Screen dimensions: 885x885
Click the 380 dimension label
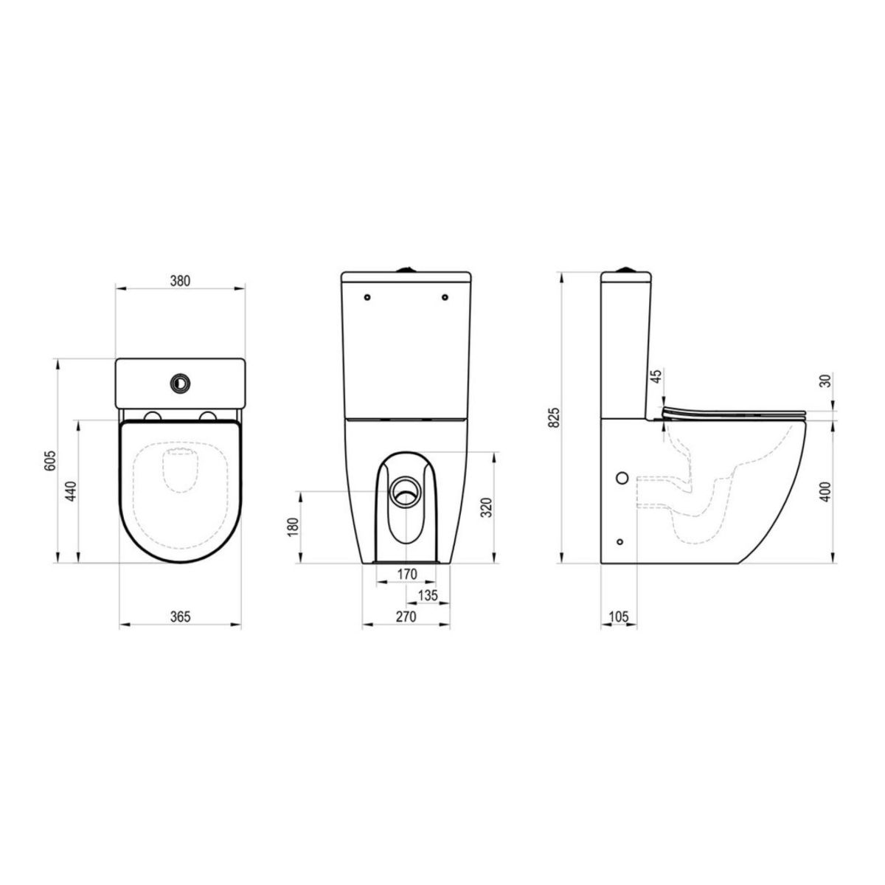tap(180, 280)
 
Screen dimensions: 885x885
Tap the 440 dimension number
tap(70, 490)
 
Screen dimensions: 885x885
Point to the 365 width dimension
tap(180, 617)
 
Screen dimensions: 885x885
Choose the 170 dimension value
tap(407, 574)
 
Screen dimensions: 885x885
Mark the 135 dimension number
tap(428, 595)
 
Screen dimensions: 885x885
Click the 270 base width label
tap(406, 617)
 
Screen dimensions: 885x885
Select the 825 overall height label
tap(555, 417)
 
